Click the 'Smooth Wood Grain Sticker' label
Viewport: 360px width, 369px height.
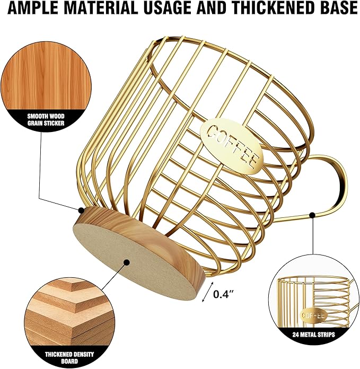46,119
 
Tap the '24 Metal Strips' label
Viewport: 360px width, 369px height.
314,335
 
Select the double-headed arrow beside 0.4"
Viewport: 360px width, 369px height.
208,292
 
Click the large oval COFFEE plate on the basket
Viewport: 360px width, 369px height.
232,146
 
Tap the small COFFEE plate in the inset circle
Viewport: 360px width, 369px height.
313,315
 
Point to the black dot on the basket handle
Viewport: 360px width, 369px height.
312,215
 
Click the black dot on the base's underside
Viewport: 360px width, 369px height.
127,262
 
